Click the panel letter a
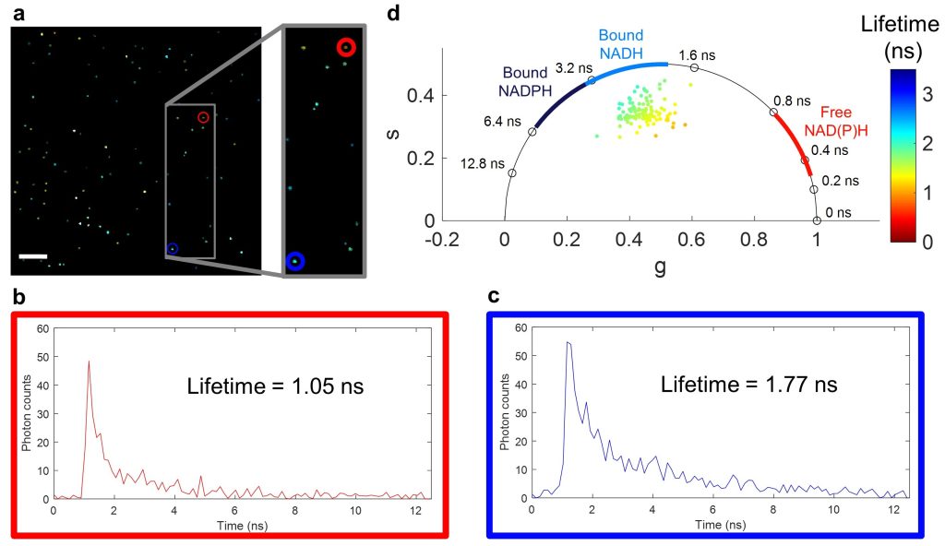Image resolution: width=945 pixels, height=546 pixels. [x=18, y=13]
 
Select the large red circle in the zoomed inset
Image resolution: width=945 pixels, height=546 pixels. [x=345, y=47]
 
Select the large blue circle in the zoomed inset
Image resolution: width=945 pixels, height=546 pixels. [x=295, y=262]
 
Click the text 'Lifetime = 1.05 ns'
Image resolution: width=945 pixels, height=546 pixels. [x=274, y=385]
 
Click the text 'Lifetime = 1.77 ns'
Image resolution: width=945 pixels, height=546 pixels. [x=748, y=384]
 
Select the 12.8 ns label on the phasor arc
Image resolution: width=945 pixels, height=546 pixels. [x=484, y=163]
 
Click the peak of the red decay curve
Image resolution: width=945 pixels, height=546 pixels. [x=89, y=362]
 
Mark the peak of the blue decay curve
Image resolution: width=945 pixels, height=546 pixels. [x=568, y=342]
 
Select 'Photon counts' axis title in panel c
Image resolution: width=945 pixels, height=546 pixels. [x=504, y=413]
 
